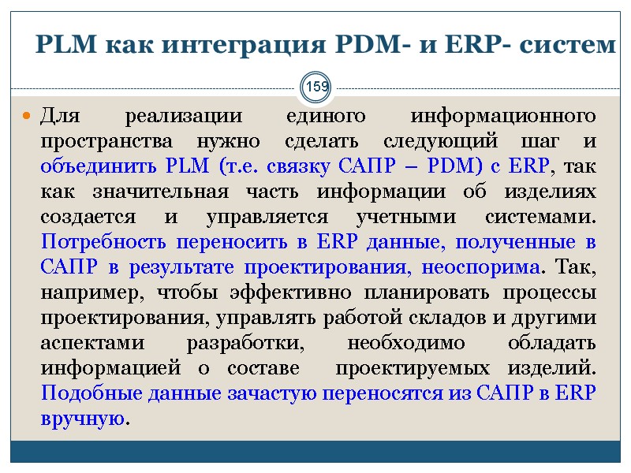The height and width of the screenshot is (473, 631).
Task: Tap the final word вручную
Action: coord(82,418)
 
